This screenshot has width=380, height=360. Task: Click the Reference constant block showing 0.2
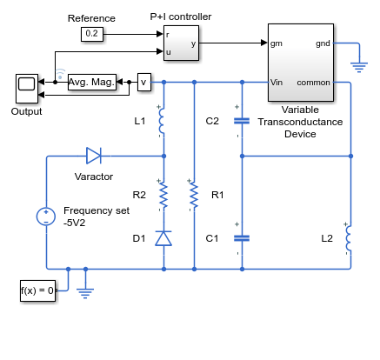click(92, 34)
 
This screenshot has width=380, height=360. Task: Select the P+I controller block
click(181, 43)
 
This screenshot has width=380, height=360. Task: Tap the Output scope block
click(27, 89)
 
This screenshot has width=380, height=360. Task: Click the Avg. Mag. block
click(92, 82)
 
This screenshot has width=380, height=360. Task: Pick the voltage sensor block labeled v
click(144, 82)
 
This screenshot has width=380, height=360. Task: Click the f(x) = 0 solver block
click(37, 290)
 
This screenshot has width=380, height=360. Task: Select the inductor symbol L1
click(162, 121)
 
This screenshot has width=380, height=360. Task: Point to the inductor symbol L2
click(349, 238)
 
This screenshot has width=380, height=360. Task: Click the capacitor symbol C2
click(242, 121)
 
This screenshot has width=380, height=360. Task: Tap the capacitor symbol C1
click(242, 238)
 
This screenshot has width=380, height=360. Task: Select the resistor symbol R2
click(163, 195)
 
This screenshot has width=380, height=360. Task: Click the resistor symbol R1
click(194, 195)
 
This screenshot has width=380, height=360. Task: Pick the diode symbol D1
click(163, 238)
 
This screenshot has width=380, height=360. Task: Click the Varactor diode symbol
click(94, 156)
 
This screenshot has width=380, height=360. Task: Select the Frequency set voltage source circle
click(46, 217)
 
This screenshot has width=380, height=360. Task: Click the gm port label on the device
click(277, 43)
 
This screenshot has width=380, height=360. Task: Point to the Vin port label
click(277, 83)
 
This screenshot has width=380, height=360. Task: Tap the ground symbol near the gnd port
click(359, 67)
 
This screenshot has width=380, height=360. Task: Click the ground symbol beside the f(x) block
click(85, 293)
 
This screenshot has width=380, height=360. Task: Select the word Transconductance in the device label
click(300, 122)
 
